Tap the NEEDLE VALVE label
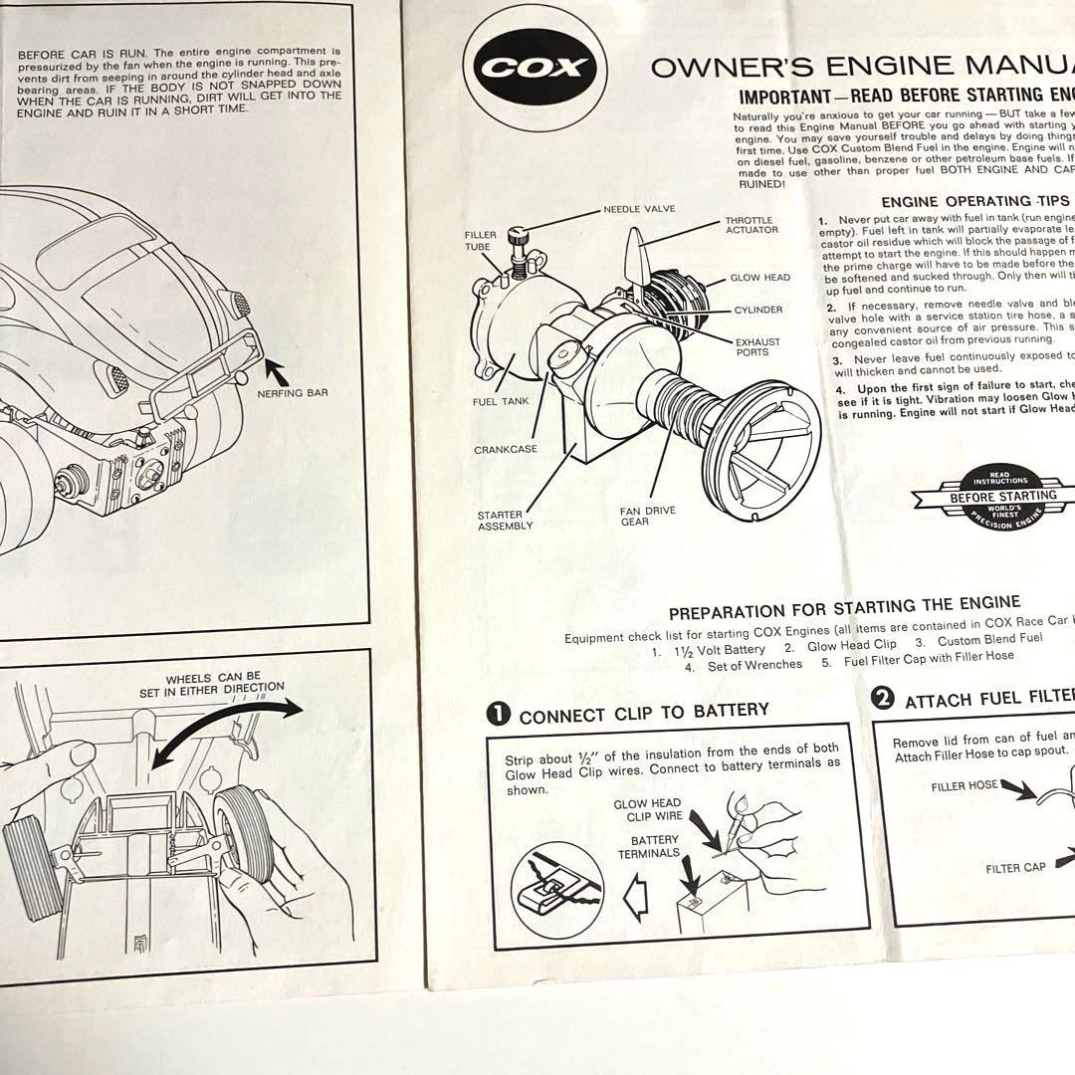638,210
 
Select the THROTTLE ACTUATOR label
749,226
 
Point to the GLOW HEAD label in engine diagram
759,278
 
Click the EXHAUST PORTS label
757,346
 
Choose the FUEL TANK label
501,402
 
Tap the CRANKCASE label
505,449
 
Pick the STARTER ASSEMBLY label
505,521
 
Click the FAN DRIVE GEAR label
647,516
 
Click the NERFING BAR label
292,392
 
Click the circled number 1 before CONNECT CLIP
500,714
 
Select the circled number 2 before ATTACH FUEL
882,699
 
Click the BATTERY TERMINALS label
648,846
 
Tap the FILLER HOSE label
964,785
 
